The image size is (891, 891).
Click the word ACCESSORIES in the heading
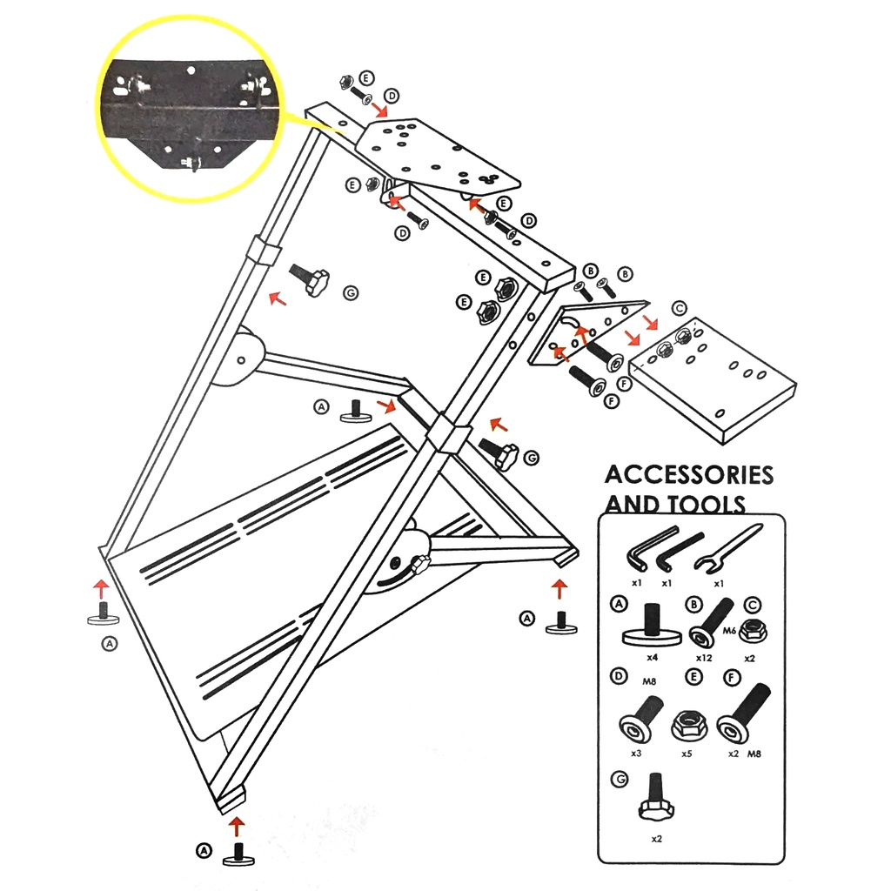click(x=688, y=475)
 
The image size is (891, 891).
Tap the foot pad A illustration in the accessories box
click(x=651, y=629)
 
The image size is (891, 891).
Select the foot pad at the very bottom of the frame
click(x=236, y=855)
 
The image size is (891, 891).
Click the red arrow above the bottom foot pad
click(x=236, y=822)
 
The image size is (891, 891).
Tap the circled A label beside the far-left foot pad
click(x=109, y=644)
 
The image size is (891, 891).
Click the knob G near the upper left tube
click(x=311, y=280)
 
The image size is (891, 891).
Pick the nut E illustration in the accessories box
click(x=687, y=724)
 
